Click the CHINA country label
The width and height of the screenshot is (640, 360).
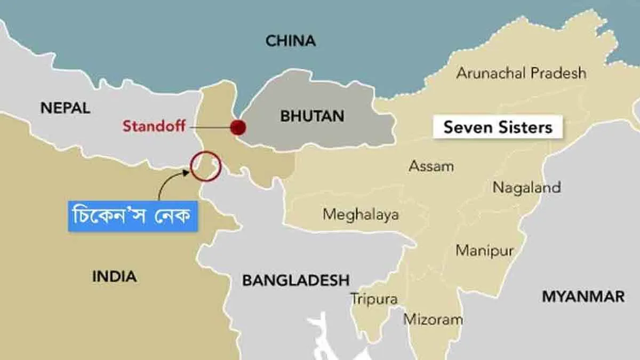[x=291, y=41]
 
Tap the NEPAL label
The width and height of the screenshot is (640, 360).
[x=66, y=108]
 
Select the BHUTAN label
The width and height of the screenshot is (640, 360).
[x=312, y=116]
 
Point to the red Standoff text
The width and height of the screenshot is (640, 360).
[x=154, y=126]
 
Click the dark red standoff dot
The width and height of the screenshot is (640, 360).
[x=237, y=127]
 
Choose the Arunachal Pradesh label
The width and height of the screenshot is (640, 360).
[x=521, y=73]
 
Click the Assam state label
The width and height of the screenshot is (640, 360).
[x=431, y=166]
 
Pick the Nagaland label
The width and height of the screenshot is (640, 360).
[x=526, y=187]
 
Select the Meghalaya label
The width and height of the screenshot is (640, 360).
[x=361, y=214]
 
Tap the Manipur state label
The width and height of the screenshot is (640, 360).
[x=484, y=250]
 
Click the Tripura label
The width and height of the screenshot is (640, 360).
[x=374, y=299]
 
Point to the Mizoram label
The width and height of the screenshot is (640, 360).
[x=433, y=319]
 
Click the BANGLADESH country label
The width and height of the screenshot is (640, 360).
[x=296, y=280]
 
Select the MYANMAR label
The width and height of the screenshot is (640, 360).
[x=583, y=297]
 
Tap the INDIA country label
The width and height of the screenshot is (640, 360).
[x=114, y=276]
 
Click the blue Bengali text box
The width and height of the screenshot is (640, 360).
[x=133, y=216]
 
